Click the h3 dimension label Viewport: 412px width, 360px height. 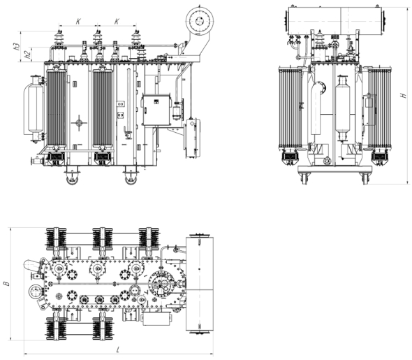coord(17,46)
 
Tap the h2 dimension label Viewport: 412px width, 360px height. coord(27,55)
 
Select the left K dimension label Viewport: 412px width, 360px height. coord(78,21)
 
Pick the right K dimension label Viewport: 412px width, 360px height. coord(117,21)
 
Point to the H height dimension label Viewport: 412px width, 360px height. coord(403,95)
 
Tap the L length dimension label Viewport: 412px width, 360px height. coord(118,350)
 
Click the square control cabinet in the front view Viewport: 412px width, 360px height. coord(156,110)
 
